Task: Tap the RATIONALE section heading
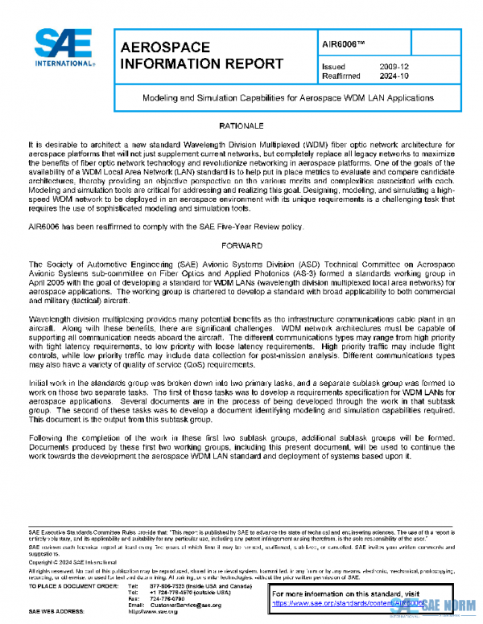point(242,127)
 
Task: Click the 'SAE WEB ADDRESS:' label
point(58,611)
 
